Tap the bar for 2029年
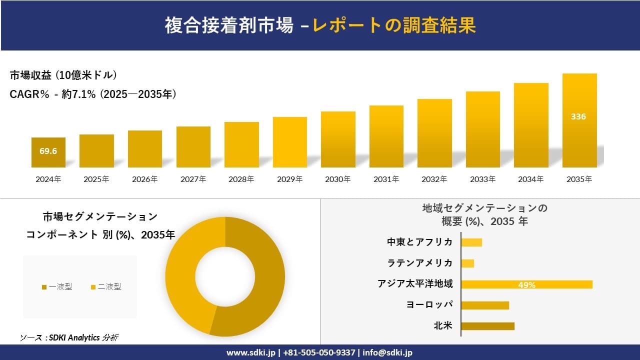[x=290, y=142]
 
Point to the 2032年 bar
[x=434, y=133]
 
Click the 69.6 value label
[x=48, y=151]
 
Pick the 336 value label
[x=578, y=116]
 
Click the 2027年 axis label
[x=193, y=179]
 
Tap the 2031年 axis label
[x=386, y=179]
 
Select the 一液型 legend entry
[x=57, y=286]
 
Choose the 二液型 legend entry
[x=106, y=286]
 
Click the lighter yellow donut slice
[x=185, y=280]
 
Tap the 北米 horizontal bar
[x=487, y=326]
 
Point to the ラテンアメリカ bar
[x=467, y=263]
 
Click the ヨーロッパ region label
[x=430, y=305]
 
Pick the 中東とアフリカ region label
[x=420, y=242]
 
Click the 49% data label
[x=526, y=285]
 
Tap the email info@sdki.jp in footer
[x=388, y=352]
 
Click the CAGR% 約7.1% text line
[x=93, y=94]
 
